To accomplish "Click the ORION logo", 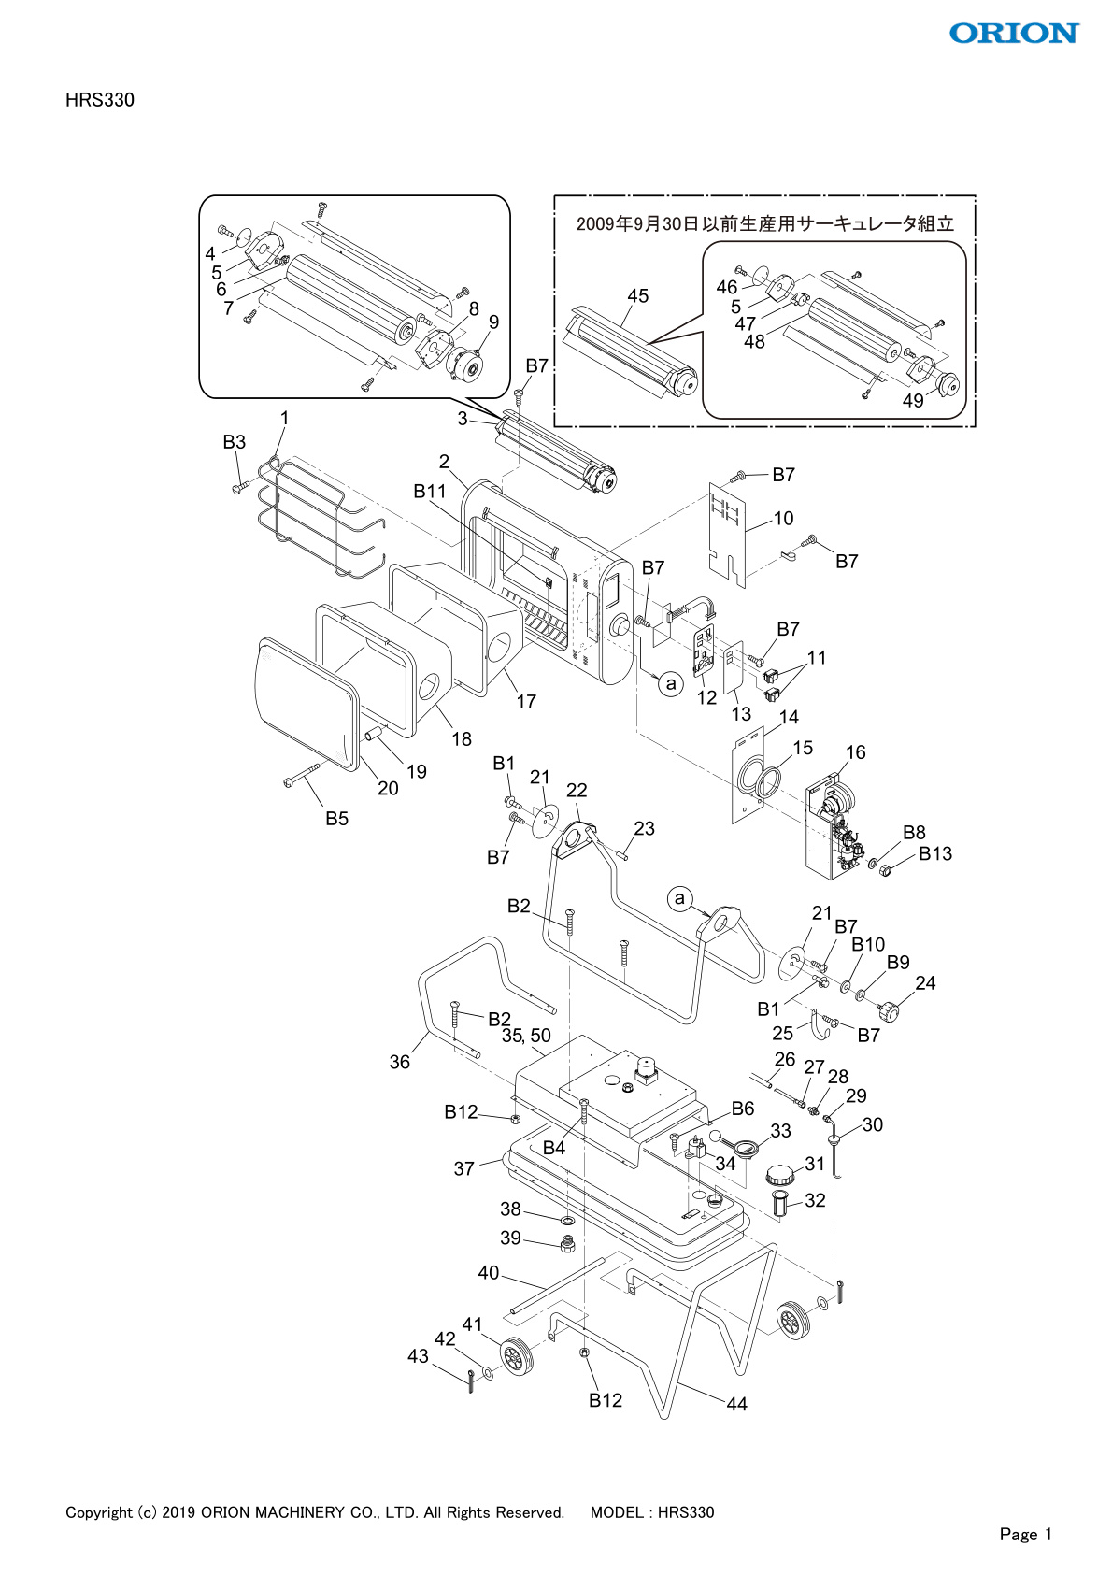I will [1014, 34].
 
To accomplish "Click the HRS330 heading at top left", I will [100, 100].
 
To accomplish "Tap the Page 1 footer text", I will [1025, 1534].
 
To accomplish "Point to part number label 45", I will [637, 296].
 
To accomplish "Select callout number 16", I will [855, 752].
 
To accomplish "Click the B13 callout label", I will [934, 853].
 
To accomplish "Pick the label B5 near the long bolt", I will [336, 819].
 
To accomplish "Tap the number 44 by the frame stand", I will [736, 1404].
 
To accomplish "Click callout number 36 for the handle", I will [399, 1062].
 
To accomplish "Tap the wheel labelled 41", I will [516, 1357].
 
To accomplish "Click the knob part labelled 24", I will [888, 1011].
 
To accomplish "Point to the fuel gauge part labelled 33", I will [747, 1147].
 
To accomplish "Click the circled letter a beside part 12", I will [670, 684].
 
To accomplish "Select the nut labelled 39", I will [565, 1244].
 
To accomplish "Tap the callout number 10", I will [783, 519].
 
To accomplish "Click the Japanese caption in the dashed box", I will [764, 224].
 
